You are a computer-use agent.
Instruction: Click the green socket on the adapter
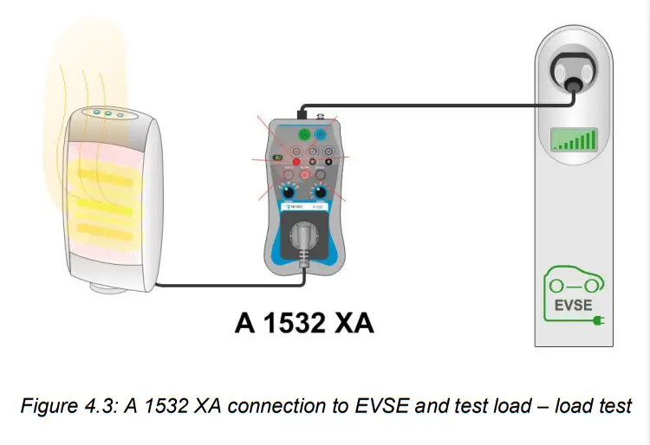click(303, 136)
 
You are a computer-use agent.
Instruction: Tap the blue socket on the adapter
click(322, 136)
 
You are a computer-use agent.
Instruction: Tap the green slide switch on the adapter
click(277, 158)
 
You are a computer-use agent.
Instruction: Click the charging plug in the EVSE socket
click(573, 79)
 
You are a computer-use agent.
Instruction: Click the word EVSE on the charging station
click(572, 305)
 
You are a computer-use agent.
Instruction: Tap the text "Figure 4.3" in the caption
click(81, 405)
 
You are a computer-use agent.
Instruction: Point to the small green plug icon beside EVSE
click(598, 321)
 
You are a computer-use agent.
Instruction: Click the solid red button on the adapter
click(295, 162)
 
